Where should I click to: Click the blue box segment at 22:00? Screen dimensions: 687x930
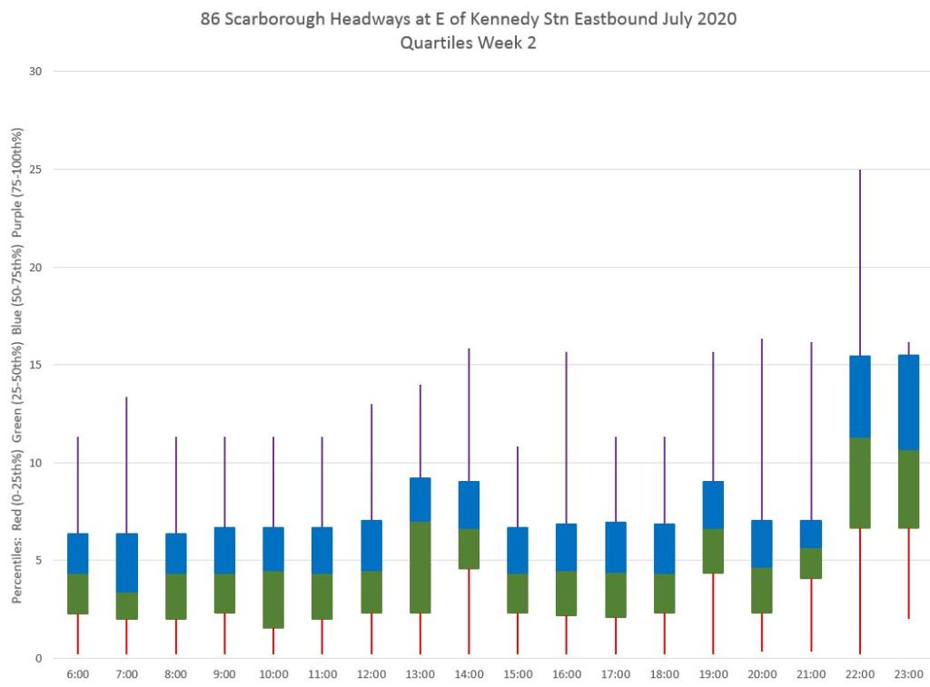point(859,397)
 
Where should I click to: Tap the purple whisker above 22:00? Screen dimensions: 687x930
point(859,263)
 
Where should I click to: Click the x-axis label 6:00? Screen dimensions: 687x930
point(78,674)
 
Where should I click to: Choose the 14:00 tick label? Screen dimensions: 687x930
point(469,674)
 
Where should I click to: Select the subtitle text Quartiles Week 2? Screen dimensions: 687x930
point(468,43)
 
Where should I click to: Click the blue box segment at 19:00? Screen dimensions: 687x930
point(713,505)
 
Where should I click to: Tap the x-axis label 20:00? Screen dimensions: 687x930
point(762,674)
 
